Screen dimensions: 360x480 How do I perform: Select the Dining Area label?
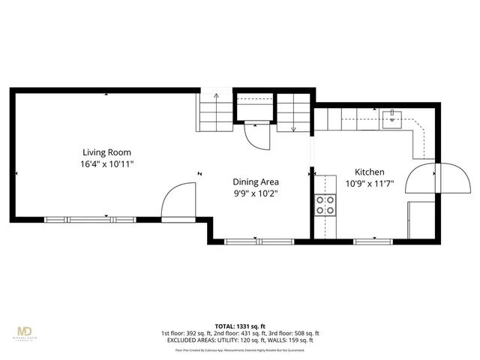pyautogui.click(x=256, y=181)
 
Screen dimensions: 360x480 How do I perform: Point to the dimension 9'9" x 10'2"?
pyautogui.click(x=256, y=193)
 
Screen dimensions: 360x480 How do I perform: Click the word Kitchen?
pyautogui.click(x=369, y=172)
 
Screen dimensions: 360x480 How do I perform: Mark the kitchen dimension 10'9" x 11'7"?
pyautogui.click(x=369, y=184)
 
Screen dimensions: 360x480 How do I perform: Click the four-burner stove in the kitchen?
pyautogui.click(x=325, y=205)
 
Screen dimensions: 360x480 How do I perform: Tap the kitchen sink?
pyautogui.click(x=392, y=117)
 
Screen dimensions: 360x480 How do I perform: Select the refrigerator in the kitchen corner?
pyautogui.click(x=419, y=220)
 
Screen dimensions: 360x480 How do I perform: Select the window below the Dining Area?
pyautogui.click(x=256, y=241)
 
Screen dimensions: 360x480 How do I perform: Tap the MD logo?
pyautogui.click(x=25, y=330)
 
